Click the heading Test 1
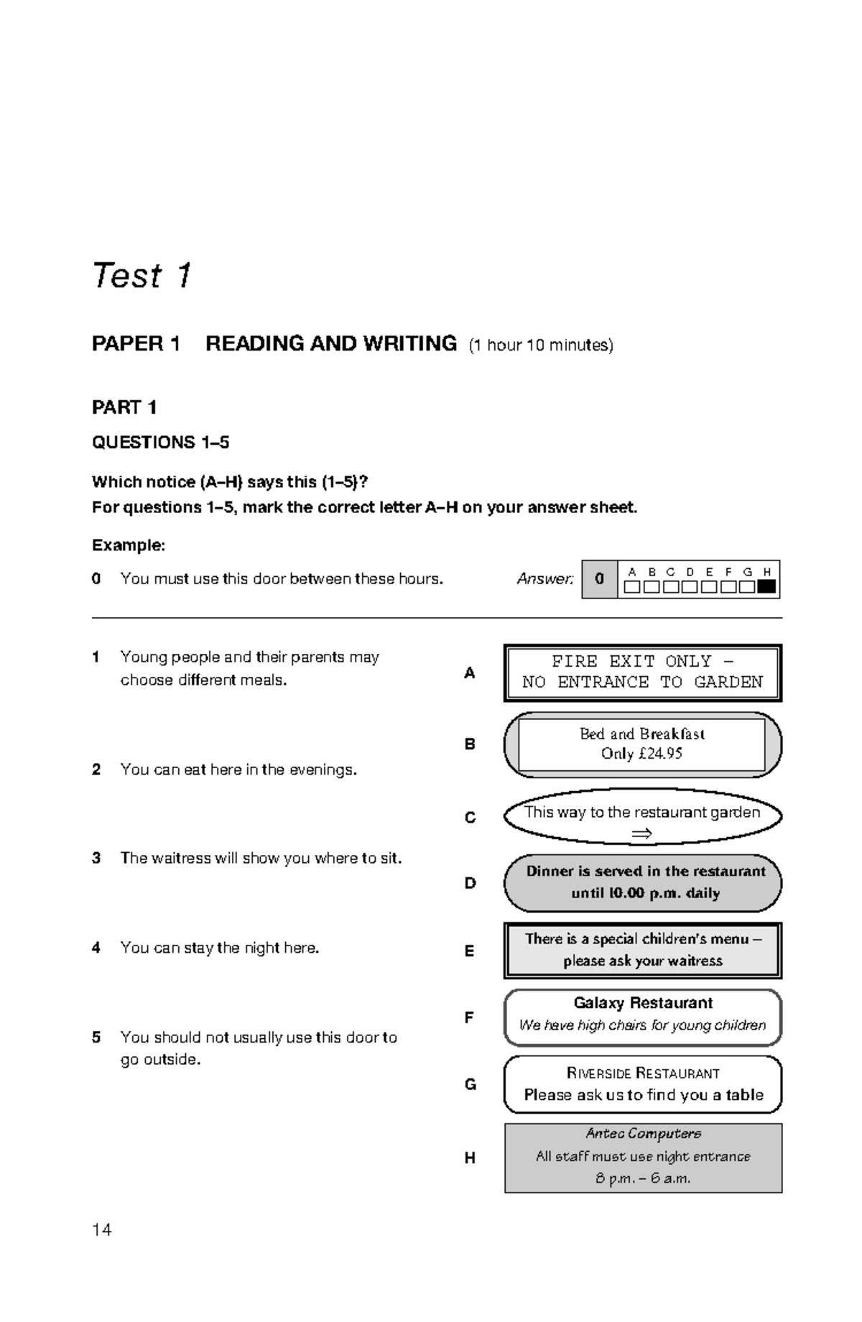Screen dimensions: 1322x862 click(142, 276)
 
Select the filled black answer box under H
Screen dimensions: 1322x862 click(766, 586)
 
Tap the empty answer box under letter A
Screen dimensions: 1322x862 click(632, 586)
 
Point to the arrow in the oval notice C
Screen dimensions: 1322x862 click(641, 833)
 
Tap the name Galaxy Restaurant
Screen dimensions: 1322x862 click(643, 1003)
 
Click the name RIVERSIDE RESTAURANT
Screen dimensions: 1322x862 click(643, 1073)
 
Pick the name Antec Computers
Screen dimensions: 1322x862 click(643, 1134)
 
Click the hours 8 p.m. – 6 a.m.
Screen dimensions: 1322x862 click(643, 1178)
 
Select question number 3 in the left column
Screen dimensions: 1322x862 click(96, 858)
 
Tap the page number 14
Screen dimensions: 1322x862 click(101, 1230)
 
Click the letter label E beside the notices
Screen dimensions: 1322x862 click(469, 951)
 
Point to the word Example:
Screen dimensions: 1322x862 click(129, 545)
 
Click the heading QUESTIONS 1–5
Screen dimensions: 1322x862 click(160, 443)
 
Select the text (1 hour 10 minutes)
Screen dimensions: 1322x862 click(541, 346)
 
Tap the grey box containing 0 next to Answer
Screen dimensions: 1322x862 click(600, 579)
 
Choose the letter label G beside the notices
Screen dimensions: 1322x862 click(470, 1084)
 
